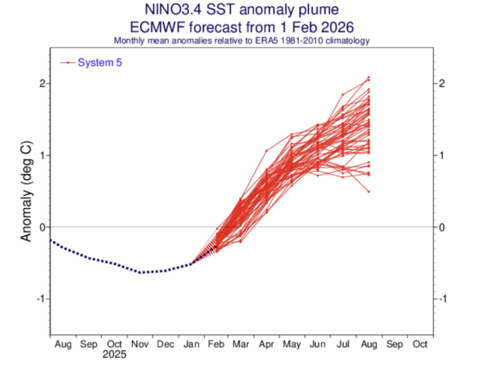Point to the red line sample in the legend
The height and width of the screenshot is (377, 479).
click(67, 62)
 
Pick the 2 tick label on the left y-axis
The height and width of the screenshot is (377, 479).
click(41, 84)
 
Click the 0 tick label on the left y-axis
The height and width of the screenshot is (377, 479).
click(41, 227)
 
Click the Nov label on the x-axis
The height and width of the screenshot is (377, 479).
click(139, 344)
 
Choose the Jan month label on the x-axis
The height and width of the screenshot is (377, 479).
click(191, 344)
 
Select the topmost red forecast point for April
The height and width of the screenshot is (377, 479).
click(266, 150)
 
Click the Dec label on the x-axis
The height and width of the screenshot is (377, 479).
click(165, 344)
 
